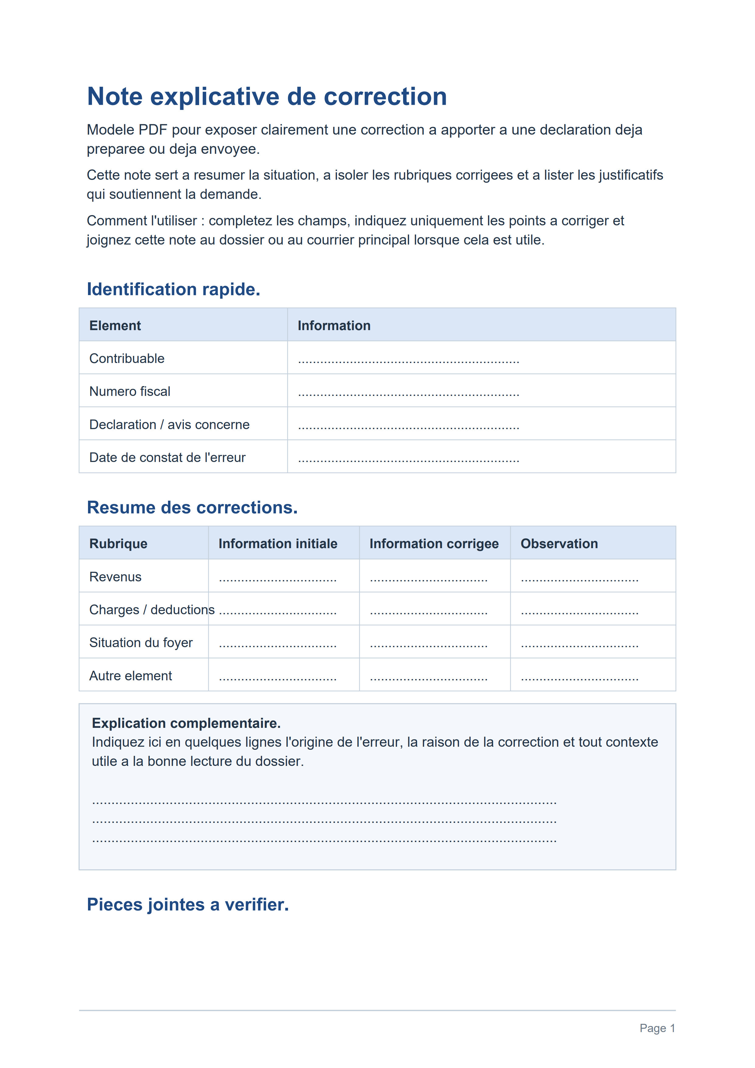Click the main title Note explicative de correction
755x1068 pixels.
click(267, 97)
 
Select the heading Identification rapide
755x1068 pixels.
click(174, 289)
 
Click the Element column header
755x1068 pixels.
click(115, 326)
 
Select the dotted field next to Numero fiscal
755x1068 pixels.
click(408, 393)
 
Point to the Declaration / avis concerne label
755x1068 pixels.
click(169, 425)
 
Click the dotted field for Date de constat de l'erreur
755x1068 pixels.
click(408, 459)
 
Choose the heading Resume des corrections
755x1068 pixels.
click(192, 507)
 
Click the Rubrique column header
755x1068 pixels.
click(118, 544)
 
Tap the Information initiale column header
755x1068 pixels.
click(278, 544)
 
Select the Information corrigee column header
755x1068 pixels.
click(434, 544)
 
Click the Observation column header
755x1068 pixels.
click(559, 544)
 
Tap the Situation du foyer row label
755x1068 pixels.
click(141, 643)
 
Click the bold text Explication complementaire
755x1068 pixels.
click(186, 723)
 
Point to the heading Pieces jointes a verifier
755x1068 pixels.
click(188, 905)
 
